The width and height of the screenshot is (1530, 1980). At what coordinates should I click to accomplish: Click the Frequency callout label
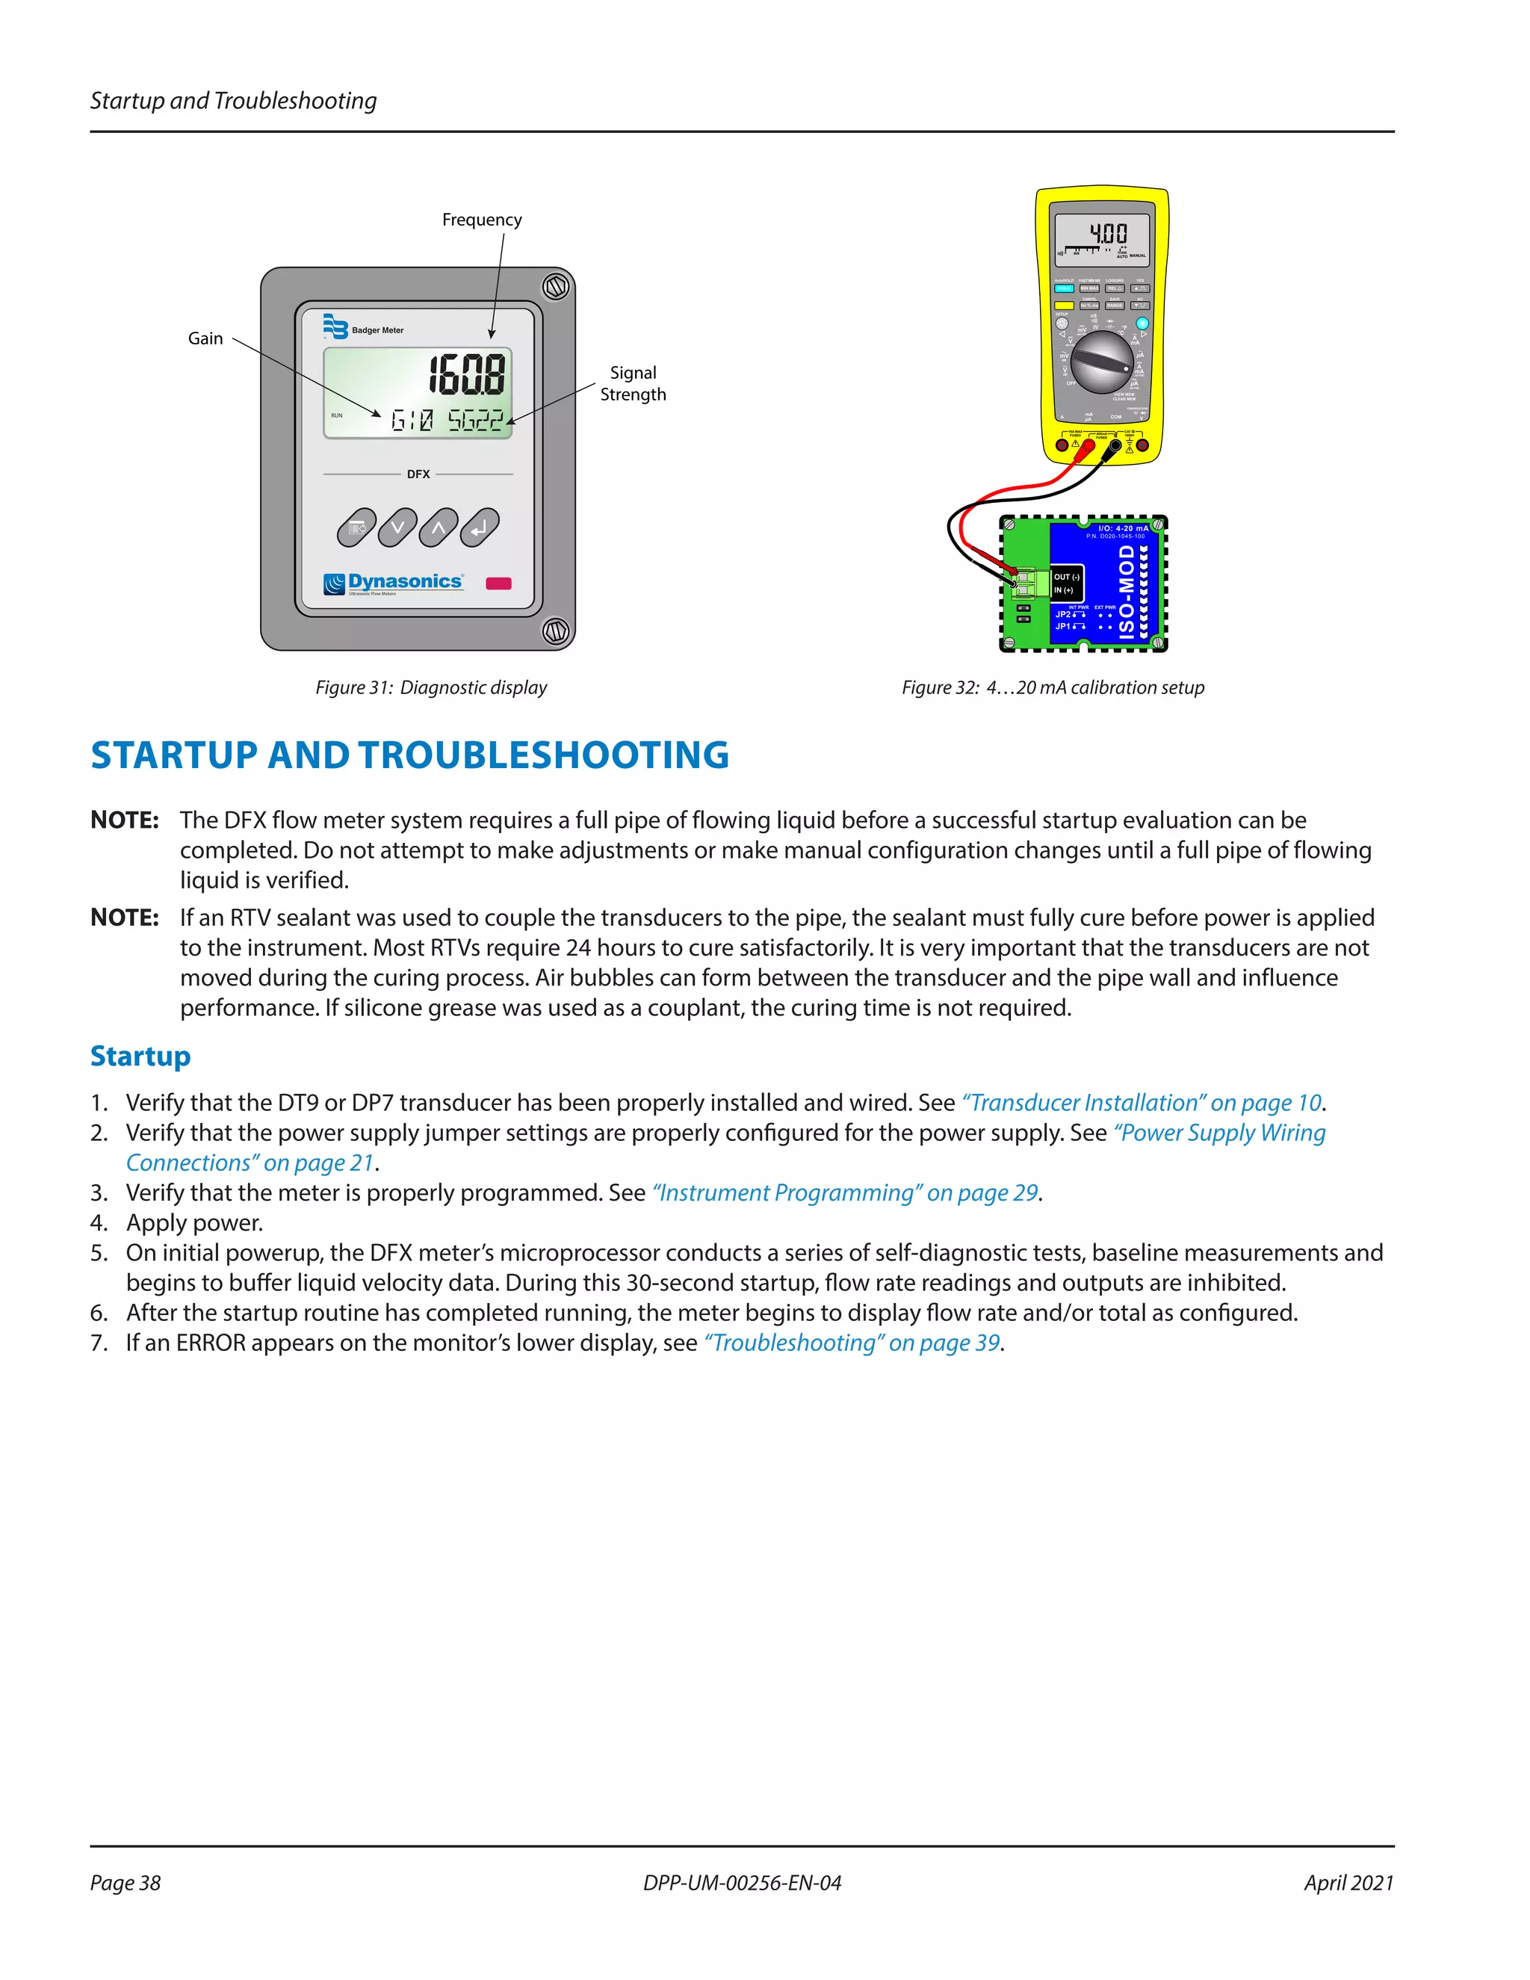(x=481, y=220)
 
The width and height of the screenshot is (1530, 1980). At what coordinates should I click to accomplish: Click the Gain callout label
(x=205, y=338)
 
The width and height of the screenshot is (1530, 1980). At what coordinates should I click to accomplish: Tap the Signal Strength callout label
(x=633, y=383)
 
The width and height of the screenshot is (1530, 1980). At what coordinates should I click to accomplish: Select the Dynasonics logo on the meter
(x=394, y=583)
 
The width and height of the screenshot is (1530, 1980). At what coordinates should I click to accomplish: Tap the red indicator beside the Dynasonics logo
(x=498, y=583)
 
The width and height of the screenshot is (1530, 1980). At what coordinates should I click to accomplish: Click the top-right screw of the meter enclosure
(x=556, y=288)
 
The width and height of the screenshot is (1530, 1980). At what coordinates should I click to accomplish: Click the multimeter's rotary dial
(x=1101, y=361)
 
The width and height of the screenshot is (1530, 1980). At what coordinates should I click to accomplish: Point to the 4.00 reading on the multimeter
(x=1108, y=234)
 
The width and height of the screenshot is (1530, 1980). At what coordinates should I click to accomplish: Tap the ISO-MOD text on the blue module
(x=1127, y=590)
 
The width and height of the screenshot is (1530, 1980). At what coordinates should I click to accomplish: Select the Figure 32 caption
(x=1053, y=687)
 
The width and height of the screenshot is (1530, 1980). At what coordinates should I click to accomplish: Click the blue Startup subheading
(x=140, y=1056)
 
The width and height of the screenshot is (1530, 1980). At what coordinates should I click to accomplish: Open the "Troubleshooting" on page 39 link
(x=852, y=1343)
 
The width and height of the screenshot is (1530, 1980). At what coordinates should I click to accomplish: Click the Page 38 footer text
(x=125, y=1883)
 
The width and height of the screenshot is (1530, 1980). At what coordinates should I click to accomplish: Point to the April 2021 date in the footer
(x=1348, y=1883)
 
